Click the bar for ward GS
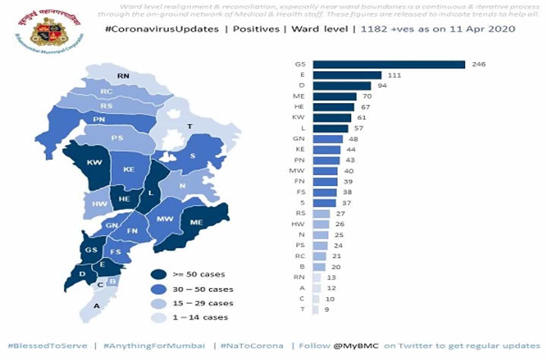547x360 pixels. click(x=389, y=64)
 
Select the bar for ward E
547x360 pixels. click(x=347, y=75)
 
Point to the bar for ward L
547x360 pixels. click(x=330, y=129)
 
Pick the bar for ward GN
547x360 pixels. click(x=328, y=139)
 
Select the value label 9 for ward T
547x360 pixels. click(x=326, y=310)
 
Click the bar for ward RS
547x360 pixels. click(x=321, y=214)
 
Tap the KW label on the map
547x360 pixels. click(x=94, y=163)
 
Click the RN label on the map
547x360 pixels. click(x=124, y=76)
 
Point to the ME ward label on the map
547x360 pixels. click(x=196, y=222)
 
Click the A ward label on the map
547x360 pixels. click(x=97, y=305)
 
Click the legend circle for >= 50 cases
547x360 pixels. click(x=159, y=274)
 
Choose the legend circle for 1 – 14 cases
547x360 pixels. click(x=159, y=317)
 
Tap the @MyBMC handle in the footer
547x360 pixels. click(x=357, y=345)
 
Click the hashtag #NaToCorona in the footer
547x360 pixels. click(x=252, y=345)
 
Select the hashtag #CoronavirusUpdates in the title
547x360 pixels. click(x=162, y=29)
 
